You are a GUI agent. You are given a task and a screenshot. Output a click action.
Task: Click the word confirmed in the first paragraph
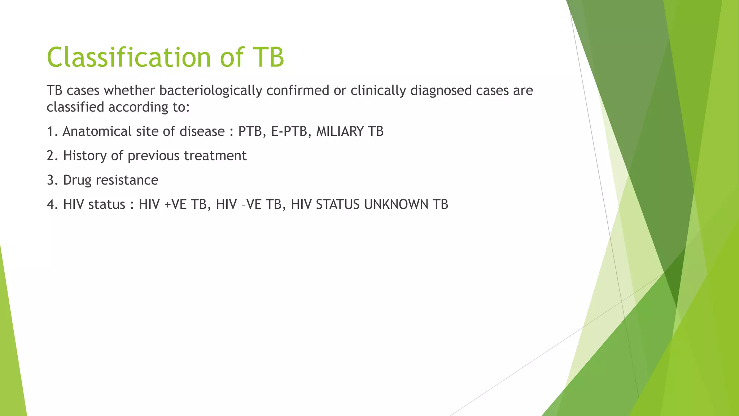[298, 90]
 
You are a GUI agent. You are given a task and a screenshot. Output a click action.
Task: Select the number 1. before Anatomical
[52, 131]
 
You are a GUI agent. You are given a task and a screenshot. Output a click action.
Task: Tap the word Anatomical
[97, 131]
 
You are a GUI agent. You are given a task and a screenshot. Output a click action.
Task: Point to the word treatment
[215, 156]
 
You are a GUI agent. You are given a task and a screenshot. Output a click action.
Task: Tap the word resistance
[127, 180]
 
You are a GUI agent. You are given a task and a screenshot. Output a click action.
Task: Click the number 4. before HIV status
[53, 204]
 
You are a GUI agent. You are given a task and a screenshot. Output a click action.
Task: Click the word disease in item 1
[202, 131]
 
